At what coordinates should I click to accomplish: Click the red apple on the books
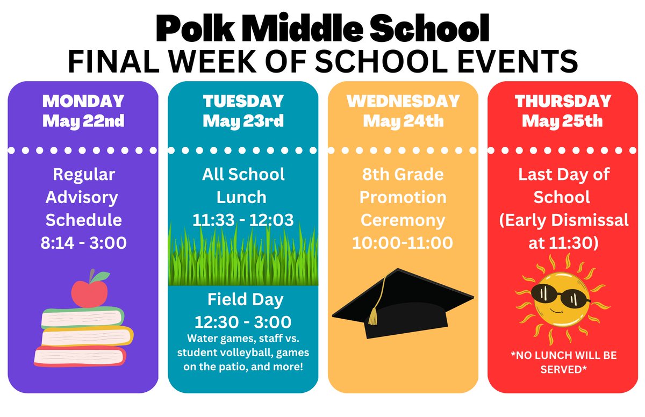84,293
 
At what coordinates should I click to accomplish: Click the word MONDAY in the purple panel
83,101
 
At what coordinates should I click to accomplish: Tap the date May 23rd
243,120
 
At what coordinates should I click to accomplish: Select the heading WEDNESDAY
403,101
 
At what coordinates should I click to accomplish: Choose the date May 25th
563,120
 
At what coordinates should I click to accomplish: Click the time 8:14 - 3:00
83,243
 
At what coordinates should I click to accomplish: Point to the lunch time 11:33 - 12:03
243,220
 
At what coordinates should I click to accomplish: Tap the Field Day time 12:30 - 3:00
243,322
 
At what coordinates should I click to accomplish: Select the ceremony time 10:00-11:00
403,243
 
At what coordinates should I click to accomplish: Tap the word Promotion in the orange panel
403,197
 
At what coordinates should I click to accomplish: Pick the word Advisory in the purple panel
82,197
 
